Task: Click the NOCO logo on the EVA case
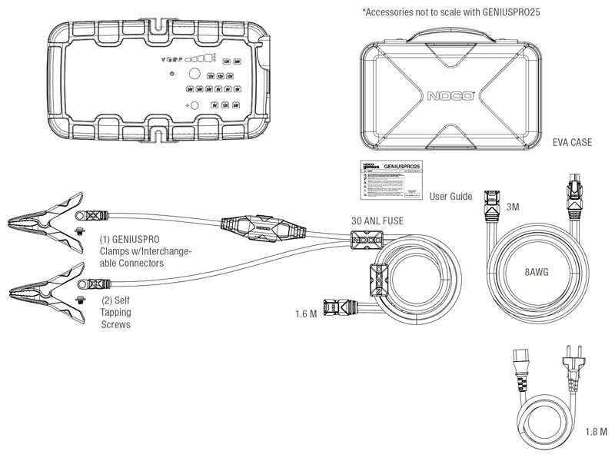coord(451,98)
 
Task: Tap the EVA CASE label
coord(573,143)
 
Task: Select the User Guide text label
coord(450,197)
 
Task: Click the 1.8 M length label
coord(595,431)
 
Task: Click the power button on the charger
coord(171,74)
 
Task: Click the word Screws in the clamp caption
coord(117,324)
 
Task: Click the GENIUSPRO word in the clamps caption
coord(138,239)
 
